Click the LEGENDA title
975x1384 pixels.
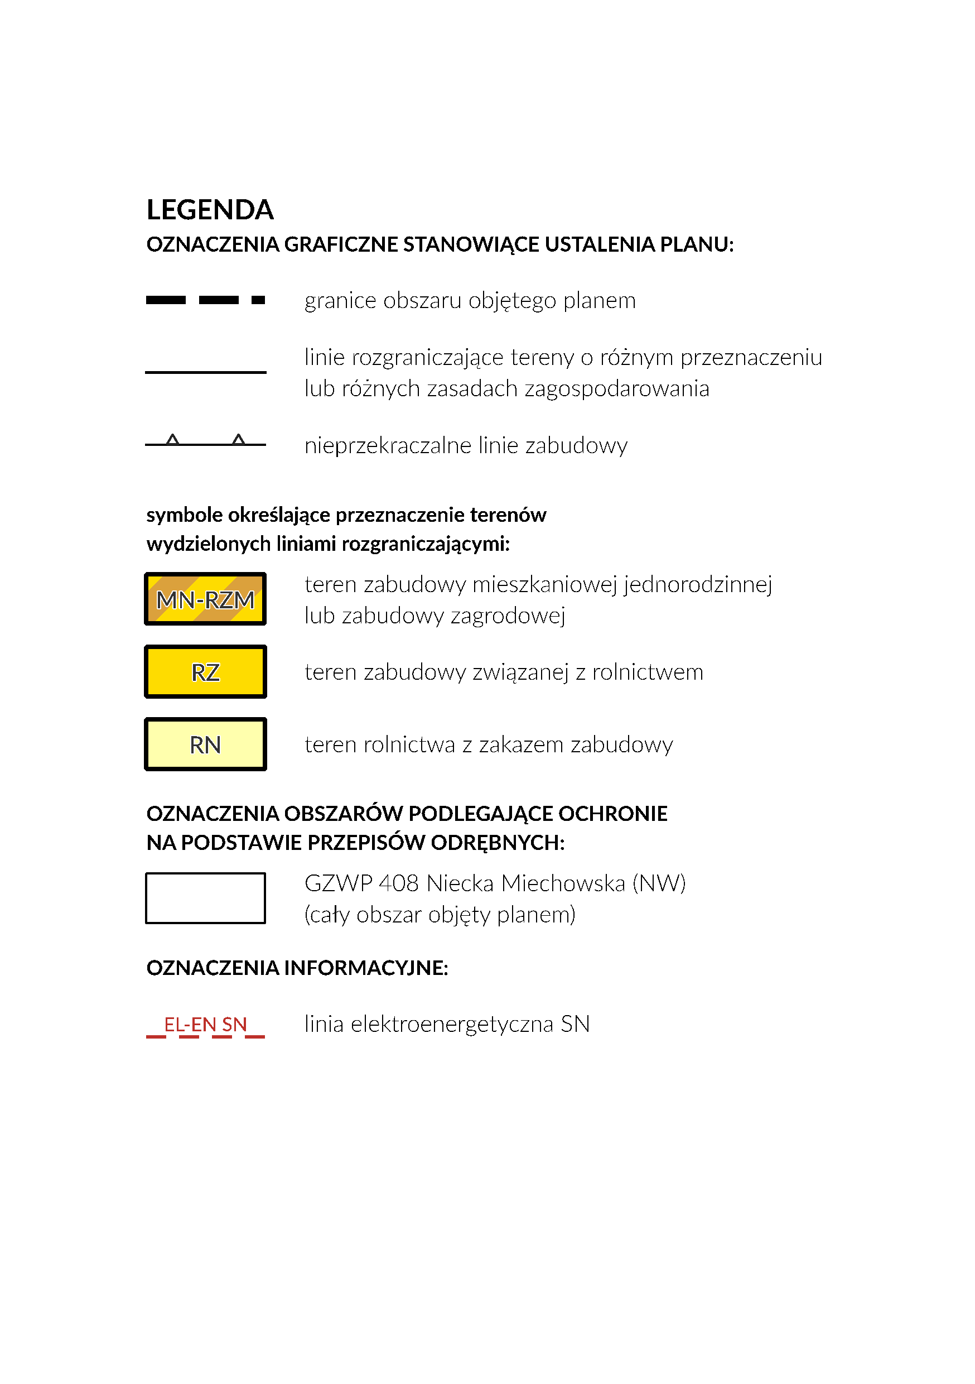click(210, 210)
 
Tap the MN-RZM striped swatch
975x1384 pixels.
click(205, 599)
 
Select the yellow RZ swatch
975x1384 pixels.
click(205, 671)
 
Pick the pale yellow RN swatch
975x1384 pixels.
click(205, 744)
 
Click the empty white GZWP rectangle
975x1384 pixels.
click(205, 897)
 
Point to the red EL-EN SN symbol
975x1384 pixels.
click(205, 1025)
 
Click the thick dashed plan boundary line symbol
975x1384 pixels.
click(205, 300)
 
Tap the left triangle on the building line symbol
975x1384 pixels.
click(173, 439)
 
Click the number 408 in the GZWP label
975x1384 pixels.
click(398, 883)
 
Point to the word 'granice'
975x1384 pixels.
click(340, 301)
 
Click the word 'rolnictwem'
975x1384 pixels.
click(647, 672)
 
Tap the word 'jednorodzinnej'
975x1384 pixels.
click(698, 585)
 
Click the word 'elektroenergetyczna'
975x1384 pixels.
click(452, 1024)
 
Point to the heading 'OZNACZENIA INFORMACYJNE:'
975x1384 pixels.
click(297, 968)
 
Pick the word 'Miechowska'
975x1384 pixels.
click(563, 883)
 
